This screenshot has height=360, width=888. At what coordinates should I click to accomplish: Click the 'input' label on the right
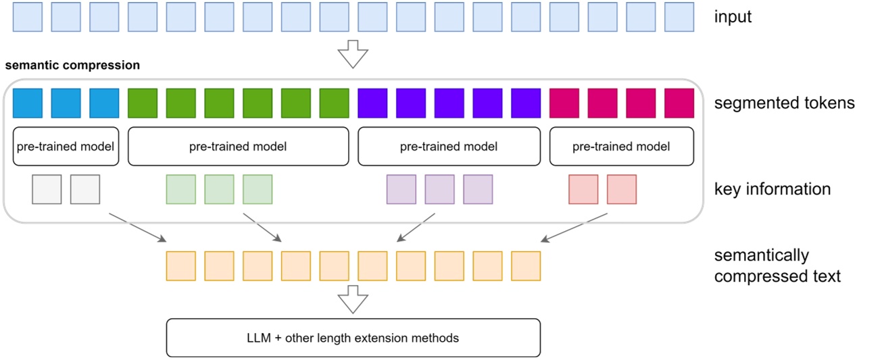coord(733,17)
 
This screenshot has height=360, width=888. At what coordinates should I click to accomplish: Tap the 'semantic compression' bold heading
coord(72,66)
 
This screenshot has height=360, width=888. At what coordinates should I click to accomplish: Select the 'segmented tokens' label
coord(784,103)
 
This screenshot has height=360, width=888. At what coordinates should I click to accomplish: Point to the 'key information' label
coord(772,189)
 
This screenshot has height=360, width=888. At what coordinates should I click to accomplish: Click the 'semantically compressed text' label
coord(777,265)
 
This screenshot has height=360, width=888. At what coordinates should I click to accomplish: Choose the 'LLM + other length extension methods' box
coord(353,338)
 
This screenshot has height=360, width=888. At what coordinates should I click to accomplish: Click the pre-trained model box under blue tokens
coord(66,147)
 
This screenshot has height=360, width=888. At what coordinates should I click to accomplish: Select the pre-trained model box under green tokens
coord(238,147)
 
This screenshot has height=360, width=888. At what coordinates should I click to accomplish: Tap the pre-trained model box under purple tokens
coord(449,147)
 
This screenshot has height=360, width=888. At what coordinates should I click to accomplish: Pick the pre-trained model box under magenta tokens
coord(621,147)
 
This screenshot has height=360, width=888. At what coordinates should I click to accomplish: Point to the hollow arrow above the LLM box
coord(353,299)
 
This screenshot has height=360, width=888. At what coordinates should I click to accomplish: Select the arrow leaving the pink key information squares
coord(576,226)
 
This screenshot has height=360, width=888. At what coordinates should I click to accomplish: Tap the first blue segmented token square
coord(28,103)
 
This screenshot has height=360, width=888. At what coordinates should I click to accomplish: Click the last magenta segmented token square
coord(679,103)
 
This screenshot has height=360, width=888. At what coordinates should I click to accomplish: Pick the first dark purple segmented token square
coord(372,103)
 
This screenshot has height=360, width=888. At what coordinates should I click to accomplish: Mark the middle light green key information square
coord(219,189)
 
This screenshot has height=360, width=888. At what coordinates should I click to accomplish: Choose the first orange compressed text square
coord(180,266)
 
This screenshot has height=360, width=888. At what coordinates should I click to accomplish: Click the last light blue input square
coord(679,17)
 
